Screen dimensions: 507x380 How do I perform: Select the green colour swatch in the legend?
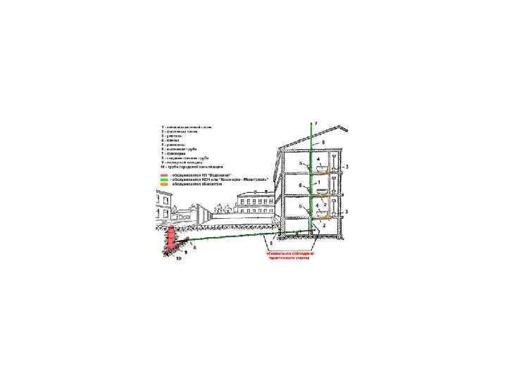163,179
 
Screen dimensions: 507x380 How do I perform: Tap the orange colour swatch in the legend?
163,184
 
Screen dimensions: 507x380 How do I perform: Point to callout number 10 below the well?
177,259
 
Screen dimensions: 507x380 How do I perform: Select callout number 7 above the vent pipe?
316,124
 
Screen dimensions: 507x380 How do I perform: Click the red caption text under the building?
289,255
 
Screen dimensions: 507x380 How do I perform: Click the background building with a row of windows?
254,204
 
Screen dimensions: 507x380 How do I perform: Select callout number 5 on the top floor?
300,163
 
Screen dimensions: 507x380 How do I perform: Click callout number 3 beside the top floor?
346,167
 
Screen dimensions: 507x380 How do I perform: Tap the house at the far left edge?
163,207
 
